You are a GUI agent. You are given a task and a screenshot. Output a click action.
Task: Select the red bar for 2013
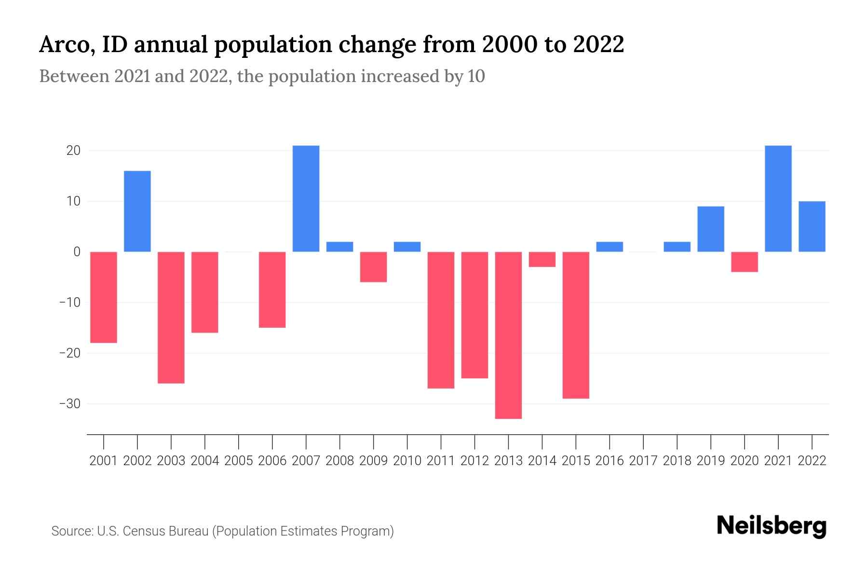click(508, 335)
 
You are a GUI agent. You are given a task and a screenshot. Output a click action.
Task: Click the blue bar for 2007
click(306, 198)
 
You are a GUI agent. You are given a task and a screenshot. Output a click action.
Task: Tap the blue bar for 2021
click(778, 198)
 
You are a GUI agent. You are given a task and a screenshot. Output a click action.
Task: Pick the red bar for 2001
click(104, 297)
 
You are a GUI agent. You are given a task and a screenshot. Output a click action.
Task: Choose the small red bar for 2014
click(542, 260)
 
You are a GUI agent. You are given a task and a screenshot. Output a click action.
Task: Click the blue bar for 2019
click(711, 229)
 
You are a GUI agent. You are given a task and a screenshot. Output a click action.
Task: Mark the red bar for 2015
click(576, 325)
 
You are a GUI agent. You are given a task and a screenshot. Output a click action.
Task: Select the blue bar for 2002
click(137, 211)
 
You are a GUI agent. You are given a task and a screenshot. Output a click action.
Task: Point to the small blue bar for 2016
click(610, 247)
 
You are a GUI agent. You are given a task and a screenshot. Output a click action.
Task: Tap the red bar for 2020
click(745, 262)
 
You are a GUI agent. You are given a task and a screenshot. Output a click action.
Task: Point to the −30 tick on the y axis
click(69, 403)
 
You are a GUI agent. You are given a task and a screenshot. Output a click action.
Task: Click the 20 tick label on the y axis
click(73, 151)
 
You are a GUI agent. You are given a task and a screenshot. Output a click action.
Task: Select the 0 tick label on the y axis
click(77, 252)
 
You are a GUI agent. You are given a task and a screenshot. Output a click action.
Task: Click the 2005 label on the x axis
click(239, 461)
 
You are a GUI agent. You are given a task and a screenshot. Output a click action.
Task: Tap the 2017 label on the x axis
click(643, 461)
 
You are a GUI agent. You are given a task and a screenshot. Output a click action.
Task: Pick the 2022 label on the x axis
click(812, 461)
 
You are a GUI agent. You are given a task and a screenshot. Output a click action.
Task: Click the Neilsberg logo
click(772, 526)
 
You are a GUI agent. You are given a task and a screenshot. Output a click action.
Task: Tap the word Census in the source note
click(141, 531)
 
